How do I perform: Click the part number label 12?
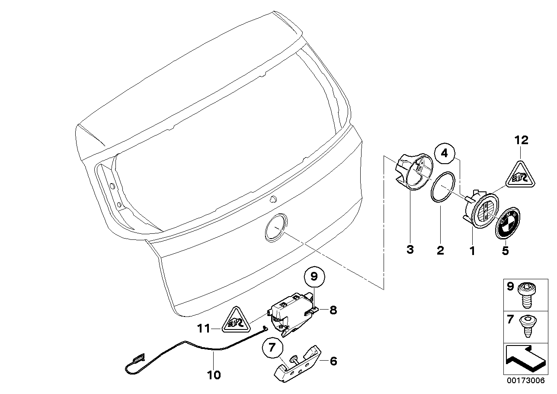521,140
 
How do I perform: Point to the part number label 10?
214,375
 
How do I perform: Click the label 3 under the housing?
410,249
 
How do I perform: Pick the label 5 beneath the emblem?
505,250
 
